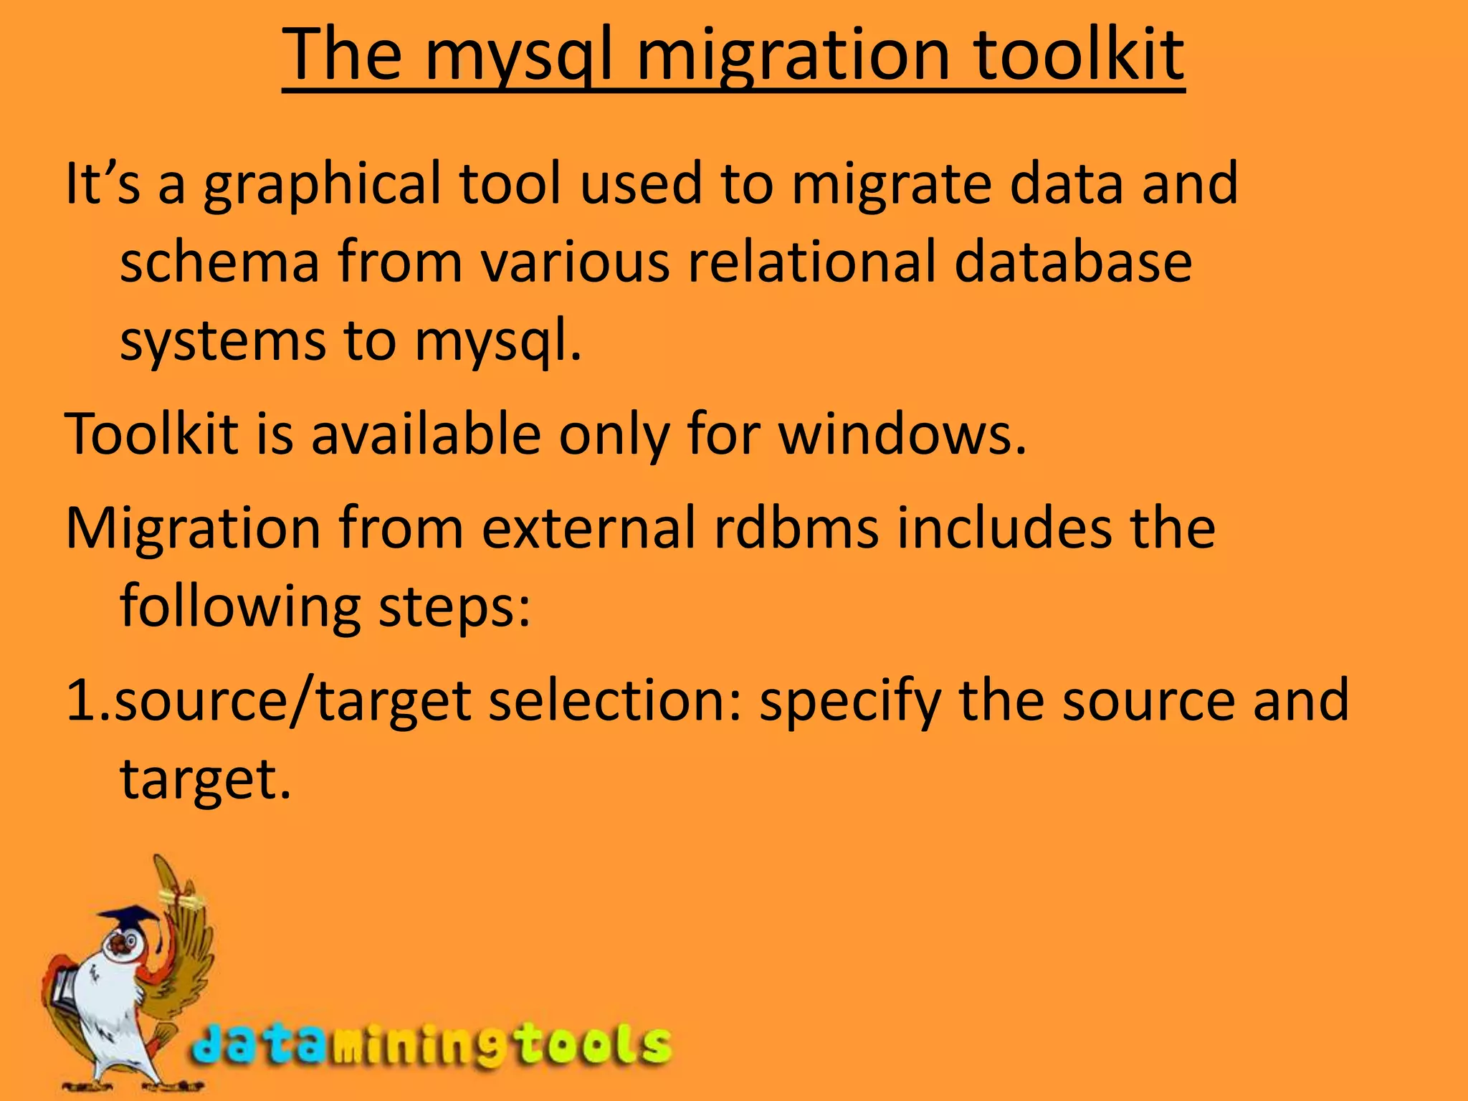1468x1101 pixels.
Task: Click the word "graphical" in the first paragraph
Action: click(x=322, y=185)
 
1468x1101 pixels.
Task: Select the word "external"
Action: click(x=588, y=528)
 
